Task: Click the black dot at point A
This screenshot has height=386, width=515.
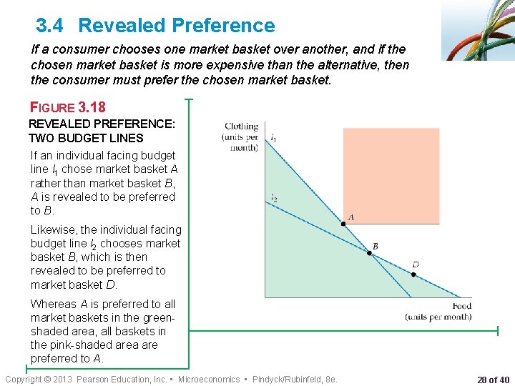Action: point(343,224)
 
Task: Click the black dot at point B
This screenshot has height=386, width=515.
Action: point(369,254)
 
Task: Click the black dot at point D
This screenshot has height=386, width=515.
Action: point(414,272)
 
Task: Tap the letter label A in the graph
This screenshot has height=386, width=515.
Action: point(350,217)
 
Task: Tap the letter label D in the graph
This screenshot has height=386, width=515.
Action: point(415,264)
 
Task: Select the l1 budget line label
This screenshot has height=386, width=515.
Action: point(274,137)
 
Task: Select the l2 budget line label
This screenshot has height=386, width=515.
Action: point(274,198)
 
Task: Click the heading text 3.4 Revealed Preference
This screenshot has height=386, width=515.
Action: point(155,26)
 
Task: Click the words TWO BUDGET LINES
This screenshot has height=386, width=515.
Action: point(86,138)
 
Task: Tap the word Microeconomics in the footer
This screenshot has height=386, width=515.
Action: point(209,379)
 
